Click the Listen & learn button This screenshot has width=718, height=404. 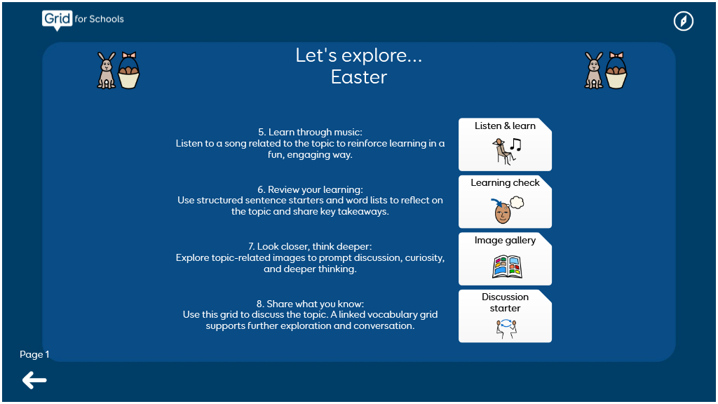(505, 144)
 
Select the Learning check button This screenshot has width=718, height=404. (505, 201)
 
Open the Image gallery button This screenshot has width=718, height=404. (505, 259)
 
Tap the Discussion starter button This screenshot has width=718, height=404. (505, 316)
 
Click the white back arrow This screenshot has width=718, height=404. (34, 380)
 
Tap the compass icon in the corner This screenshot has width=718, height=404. (683, 21)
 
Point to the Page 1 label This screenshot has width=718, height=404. (34, 354)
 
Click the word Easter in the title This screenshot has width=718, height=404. (359, 77)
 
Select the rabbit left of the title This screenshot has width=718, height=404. (107, 70)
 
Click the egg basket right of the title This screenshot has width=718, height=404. (616, 70)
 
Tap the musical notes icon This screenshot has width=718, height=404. (516, 144)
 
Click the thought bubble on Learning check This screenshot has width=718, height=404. (517, 202)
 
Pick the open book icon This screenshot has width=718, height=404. (507, 267)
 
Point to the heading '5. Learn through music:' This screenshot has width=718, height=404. (310, 133)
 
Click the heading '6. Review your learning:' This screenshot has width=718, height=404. (310, 189)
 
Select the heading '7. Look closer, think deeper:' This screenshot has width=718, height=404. (310, 246)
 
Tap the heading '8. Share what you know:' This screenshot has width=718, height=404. (310, 304)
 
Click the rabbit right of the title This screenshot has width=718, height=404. (594, 70)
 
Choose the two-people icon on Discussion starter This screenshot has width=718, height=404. (506, 328)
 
